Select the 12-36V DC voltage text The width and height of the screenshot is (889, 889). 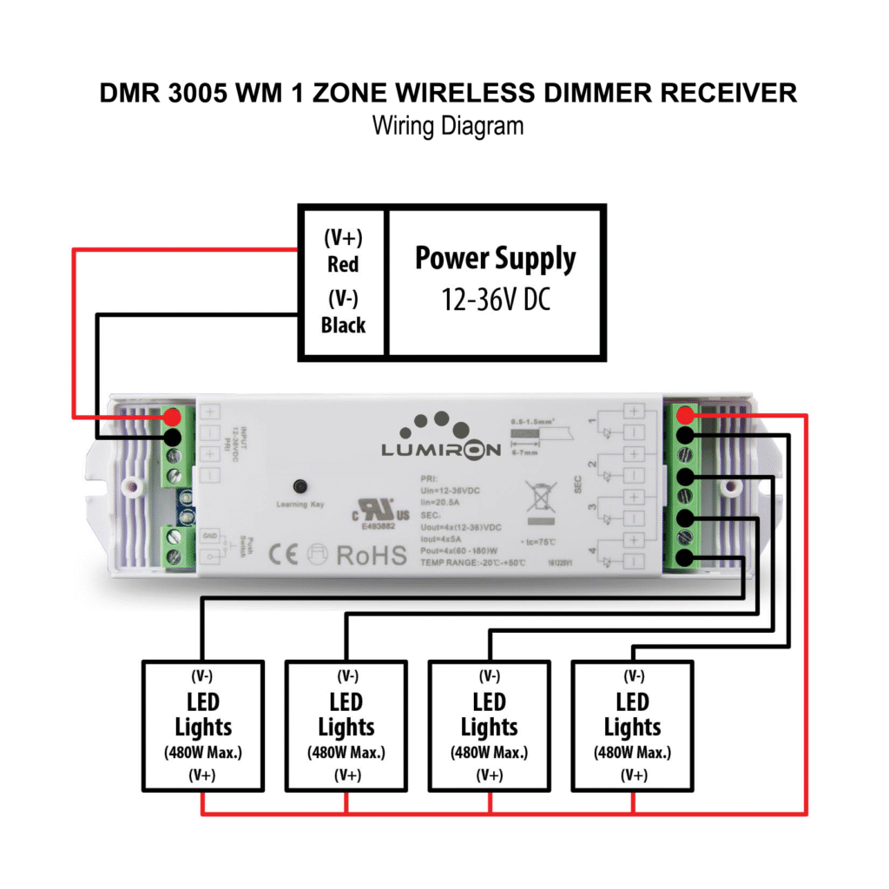coord(495,301)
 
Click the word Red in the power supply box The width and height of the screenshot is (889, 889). coord(343,264)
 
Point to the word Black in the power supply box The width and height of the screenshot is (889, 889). coord(343,326)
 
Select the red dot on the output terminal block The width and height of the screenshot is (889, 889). coord(687,414)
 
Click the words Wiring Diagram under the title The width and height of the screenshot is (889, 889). coord(448,126)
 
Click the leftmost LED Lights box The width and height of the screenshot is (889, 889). coord(203,726)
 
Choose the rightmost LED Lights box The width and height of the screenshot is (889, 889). coord(632,726)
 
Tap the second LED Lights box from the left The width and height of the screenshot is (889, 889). coord(346,726)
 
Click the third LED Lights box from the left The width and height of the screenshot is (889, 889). coord(490,726)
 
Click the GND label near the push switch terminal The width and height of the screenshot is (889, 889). coord(209,537)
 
